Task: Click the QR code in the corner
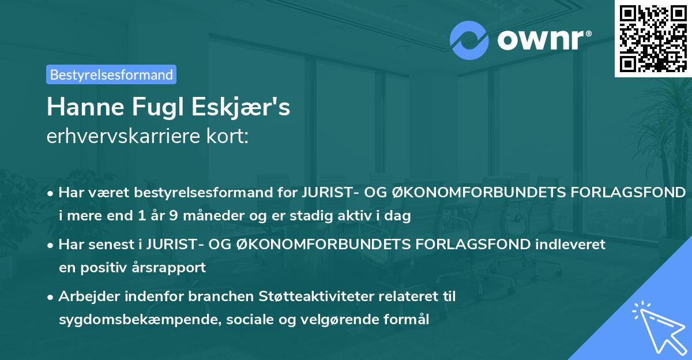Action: tap(652, 38)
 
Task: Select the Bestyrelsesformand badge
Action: tap(111, 74)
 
